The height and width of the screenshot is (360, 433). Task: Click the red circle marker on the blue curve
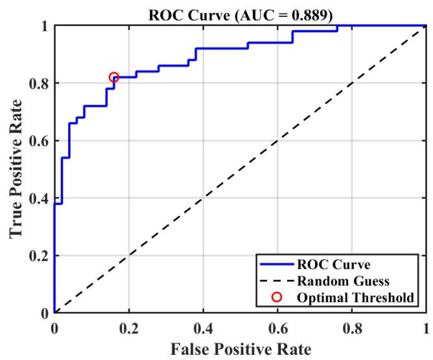point(114,77)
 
